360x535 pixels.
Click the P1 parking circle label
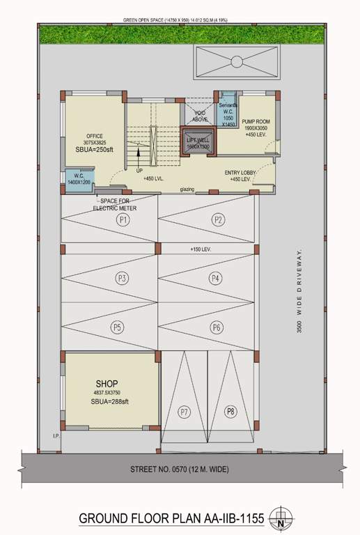point(124,220)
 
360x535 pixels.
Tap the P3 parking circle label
point(123,279)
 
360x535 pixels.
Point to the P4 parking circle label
point(215,279)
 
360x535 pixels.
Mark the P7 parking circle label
point(185,412)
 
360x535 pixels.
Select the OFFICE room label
point(95,136)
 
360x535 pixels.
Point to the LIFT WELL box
point(198,142)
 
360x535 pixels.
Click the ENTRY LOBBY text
point(241,173)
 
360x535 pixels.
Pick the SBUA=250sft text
point(95,150)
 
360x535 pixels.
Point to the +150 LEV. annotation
point(201,249)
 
